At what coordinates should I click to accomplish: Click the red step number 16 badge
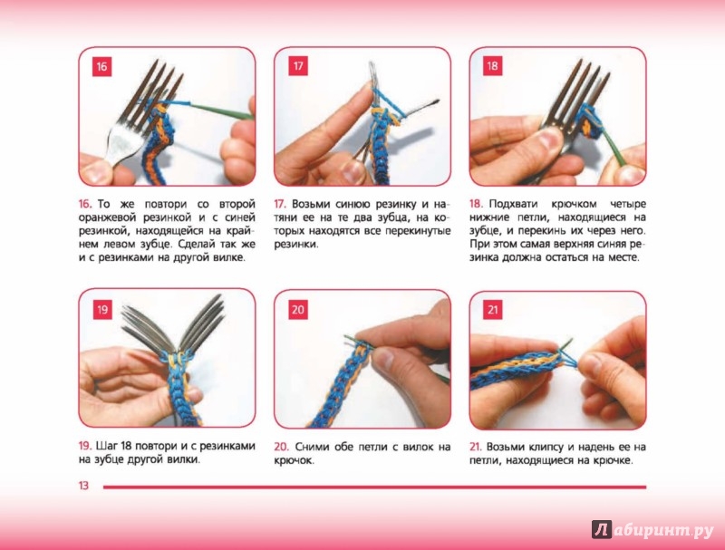pyautogui.click(x=101, y=66)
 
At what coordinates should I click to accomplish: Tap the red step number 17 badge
pyautogui.click(x=298, y=66)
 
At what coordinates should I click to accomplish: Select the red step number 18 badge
pyautogui.click(x=492, y=66)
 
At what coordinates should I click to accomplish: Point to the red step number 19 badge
pyautogui.click(x=102, y=309)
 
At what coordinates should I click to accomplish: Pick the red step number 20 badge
pyautogui.click(x=298, y=309)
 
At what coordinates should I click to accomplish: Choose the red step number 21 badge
pyautogui.click(x=492, y=309)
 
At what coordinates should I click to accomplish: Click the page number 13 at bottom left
pyautogui.click(x=83, y=486)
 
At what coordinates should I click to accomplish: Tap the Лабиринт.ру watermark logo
pyautogui.click(x=652, y=530)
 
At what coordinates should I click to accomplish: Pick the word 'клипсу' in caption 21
pyautogui.click(x=543, y=448)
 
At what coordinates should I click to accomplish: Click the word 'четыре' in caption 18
pyautogui.click(x=628, y=205)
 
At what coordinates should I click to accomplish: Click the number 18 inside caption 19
pyautogui.click(x=126, y=446)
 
